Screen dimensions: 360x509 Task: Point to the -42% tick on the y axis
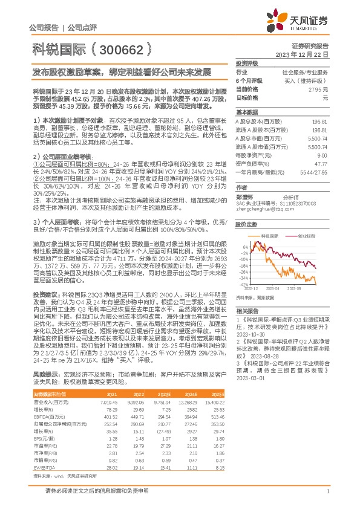tap(244, 284)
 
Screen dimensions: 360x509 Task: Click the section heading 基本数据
tap(246, 112)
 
